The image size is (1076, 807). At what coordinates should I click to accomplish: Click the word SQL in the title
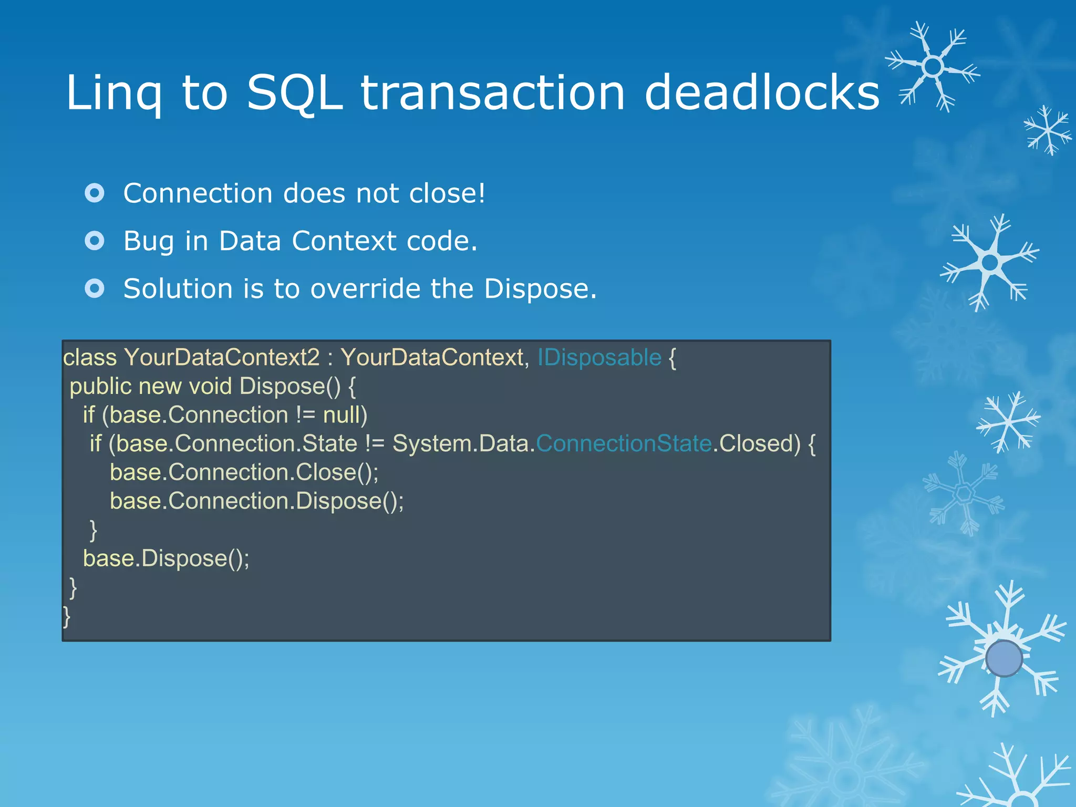(x=294, y=92)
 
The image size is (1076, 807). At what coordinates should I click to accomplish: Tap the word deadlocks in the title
(x=761, y=92)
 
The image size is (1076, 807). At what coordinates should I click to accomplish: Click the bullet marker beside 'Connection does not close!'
(x=95, y=193)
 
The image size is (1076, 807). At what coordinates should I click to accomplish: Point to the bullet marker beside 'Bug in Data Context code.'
(x=95, y=241)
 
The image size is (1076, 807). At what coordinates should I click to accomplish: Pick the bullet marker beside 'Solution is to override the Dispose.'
(x=95, y=288)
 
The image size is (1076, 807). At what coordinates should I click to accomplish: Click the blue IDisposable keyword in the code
(x=599, y=358)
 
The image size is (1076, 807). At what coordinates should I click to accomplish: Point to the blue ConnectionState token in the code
(x=624, y=444)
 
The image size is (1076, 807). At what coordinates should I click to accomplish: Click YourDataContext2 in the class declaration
(x=222, y=358)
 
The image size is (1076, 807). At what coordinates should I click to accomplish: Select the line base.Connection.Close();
(x=244, y=472)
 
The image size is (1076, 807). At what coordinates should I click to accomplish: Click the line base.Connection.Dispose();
(x=256, y=501)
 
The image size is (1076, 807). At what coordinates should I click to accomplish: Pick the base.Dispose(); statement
(x=166, y=558)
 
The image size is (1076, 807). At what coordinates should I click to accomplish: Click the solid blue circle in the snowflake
(x=1003, y=658)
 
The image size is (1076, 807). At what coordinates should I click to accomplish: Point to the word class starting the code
(x=90, y=358)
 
